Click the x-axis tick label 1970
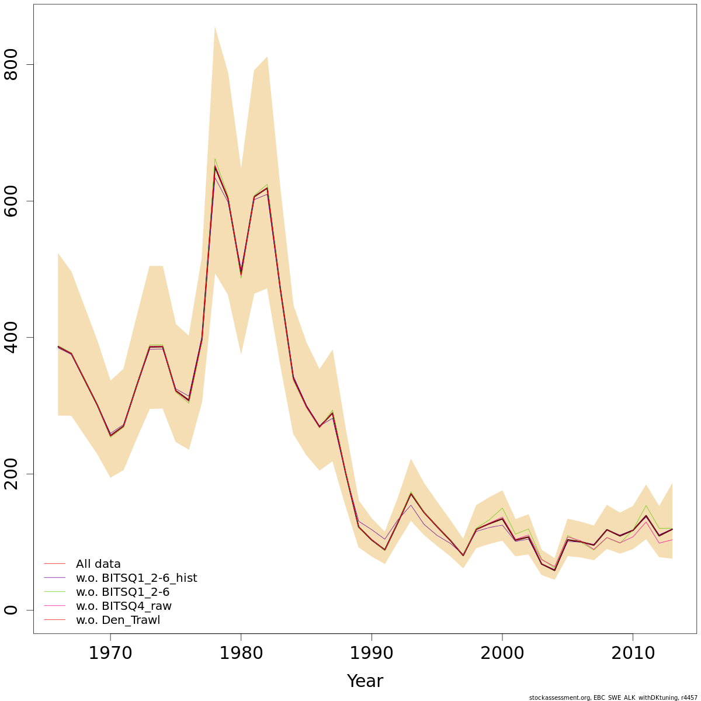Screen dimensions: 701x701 [110, 653]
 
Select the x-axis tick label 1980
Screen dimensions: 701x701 [241, 653]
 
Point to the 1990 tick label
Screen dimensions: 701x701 [372, 653]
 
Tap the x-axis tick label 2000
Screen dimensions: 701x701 [502, 653]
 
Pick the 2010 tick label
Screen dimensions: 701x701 [633, 653]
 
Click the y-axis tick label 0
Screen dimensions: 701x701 [12, 610]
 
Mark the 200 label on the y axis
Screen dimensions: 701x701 [12, 474]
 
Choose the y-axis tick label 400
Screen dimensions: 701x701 [12, 337]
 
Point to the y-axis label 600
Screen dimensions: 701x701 [12, 201]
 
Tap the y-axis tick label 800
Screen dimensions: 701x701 [12, 64]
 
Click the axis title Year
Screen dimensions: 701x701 [365, 681]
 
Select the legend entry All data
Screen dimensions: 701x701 [98, 564]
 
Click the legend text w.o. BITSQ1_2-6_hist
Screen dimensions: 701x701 [136, 578]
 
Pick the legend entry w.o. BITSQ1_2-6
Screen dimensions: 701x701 [123, 592]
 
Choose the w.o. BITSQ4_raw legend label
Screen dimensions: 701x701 [124, 606]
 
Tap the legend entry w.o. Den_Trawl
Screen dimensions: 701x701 [117, 620]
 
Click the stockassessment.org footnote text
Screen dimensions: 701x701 [613, 697]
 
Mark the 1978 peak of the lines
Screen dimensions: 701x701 [215, 166]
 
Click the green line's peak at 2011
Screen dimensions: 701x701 [646, 506]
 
